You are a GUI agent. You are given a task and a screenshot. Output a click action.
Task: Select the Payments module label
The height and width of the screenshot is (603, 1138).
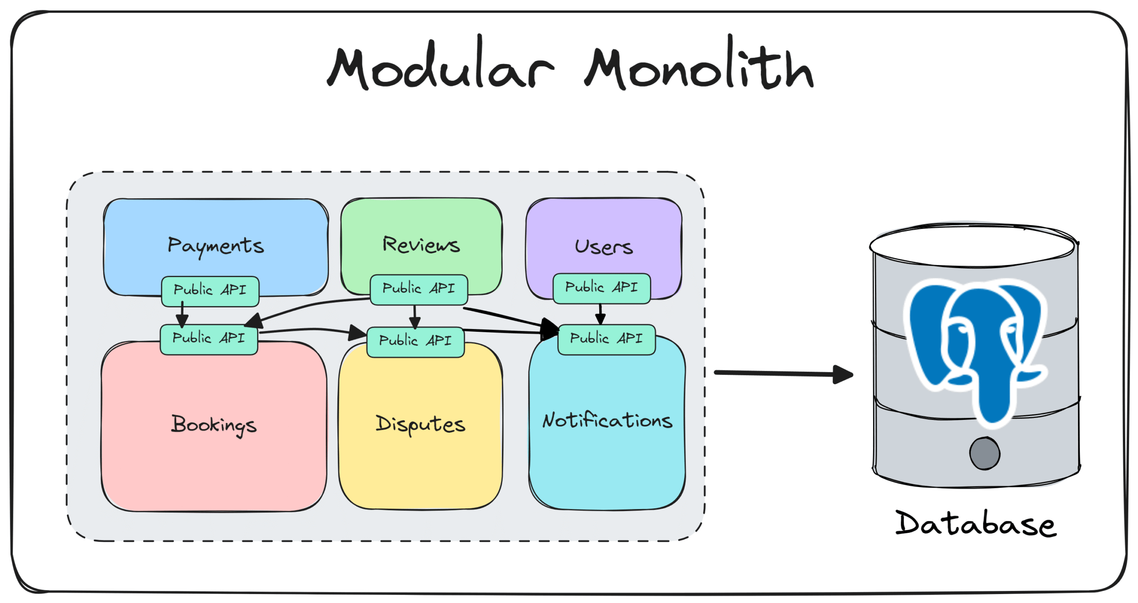[x=216, y=246]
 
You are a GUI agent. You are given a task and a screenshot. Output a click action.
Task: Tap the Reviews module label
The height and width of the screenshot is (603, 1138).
[x=421, y=245]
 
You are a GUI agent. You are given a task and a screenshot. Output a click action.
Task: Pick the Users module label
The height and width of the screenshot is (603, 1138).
[x=603, y=247]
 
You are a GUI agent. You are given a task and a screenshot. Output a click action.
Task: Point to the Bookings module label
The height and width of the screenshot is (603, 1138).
[x=214, y=425]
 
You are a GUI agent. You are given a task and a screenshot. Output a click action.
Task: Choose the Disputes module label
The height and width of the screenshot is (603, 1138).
[x=421, y=424]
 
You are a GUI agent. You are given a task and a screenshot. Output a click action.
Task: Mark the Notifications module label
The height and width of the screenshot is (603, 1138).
[x=607, y=421]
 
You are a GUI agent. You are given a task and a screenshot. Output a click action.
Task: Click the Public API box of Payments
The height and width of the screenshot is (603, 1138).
[x=210, y=290]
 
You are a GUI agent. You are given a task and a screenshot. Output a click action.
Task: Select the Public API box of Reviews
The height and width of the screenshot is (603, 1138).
[x=419, y=289]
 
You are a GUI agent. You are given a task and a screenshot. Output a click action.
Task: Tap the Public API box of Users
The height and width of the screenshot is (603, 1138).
[x=601, y=288]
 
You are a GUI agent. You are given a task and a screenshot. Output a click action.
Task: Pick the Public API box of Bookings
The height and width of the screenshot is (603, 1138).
[x=208, y=338]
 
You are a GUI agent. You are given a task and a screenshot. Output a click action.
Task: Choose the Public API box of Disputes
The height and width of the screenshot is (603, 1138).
[x=415, y=341]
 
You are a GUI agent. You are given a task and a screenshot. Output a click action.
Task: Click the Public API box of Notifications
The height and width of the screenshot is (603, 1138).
[x=606, y=339]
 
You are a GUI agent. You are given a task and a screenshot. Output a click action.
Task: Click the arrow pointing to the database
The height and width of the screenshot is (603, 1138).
[x=782, y=374]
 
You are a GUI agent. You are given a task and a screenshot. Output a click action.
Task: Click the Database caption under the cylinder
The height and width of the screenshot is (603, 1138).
[x=976, y=524]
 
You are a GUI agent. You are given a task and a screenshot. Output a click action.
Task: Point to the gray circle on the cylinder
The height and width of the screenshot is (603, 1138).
[x=985, y=453]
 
